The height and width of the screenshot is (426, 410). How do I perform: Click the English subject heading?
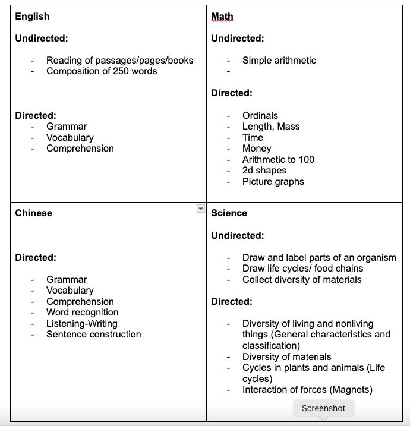click(32, 17)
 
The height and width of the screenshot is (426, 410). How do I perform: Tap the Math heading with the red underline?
click(222, 17)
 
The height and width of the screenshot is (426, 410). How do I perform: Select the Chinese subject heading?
click(33, 213)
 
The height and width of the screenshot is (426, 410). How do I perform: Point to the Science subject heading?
click(229, 213)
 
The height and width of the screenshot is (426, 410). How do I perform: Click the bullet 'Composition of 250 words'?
click(102, 71)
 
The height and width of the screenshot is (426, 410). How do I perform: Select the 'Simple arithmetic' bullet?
click(279, 60)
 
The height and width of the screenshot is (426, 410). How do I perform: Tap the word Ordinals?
click(260, 115)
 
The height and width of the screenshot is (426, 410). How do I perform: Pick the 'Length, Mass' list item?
click(270, 127)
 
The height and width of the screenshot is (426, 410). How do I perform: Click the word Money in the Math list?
click(256, 149)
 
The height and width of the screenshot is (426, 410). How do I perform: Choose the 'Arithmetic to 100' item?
click(278, 159)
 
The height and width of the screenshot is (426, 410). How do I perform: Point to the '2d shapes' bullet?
click(264, 171)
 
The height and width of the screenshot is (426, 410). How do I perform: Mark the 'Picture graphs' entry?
click(273, 182)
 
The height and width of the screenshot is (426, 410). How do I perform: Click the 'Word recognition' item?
click(82, 313)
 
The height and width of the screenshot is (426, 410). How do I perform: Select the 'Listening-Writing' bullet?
click(81, 324)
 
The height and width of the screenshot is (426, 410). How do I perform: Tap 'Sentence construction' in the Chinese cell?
click(93, 335)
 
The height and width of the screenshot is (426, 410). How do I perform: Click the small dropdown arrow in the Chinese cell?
click(200, 209)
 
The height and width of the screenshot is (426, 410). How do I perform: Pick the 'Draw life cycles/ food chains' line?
click(302, 269)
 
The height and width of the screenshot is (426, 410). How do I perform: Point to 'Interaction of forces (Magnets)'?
click(307, 390)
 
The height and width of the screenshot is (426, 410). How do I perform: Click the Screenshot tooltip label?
click(323, 408)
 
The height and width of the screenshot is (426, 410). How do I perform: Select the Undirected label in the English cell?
click(41, 39)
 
